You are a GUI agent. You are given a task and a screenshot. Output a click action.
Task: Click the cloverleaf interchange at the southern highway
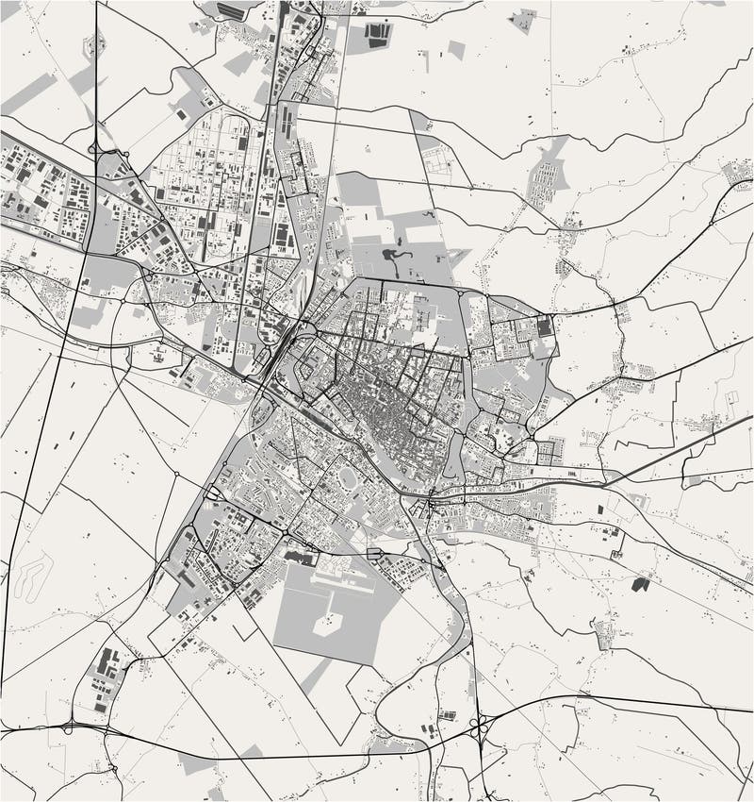[478, 727]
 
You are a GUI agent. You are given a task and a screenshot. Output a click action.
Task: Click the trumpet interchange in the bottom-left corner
[71, 727]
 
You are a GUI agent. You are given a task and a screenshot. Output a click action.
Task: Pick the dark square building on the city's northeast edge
[545, 326]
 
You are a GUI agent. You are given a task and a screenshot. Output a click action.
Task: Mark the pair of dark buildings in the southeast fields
[641, 584]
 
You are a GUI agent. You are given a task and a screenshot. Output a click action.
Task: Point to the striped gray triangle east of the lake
[455, 256]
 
